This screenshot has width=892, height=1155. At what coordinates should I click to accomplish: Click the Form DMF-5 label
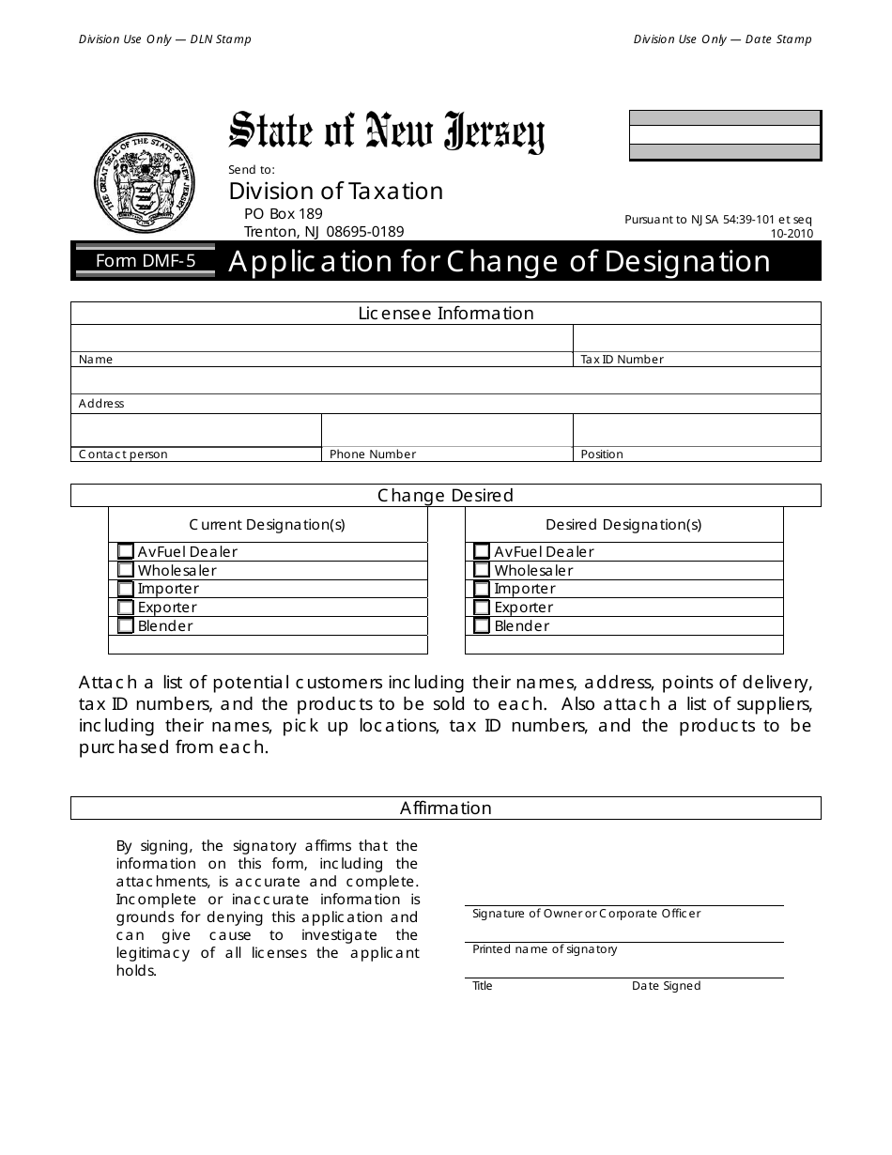146,261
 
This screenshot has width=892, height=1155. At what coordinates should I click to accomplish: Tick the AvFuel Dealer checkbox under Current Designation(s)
126,551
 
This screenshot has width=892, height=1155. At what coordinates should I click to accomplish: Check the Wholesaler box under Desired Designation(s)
482,570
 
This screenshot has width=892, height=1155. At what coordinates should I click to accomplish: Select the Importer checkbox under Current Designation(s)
126,589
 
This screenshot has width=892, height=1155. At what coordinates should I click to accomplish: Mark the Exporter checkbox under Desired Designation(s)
482,608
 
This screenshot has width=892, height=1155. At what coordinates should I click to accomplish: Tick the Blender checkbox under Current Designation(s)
126,625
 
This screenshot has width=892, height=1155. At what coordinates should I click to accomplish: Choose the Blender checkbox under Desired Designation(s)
482,625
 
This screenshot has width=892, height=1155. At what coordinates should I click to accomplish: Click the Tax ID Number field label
622,360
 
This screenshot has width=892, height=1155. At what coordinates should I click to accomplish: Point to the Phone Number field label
373,454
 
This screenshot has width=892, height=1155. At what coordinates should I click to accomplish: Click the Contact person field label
123,454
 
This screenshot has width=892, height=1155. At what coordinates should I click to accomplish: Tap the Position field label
602,454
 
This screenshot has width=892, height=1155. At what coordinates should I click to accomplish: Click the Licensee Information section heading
446,314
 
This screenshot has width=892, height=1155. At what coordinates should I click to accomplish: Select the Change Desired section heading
446,496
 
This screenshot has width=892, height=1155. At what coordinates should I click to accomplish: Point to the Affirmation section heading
446,808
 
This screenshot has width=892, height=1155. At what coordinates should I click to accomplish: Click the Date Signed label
666,986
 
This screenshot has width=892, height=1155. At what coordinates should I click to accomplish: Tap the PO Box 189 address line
283,214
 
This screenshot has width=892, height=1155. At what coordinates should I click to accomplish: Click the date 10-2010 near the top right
792,234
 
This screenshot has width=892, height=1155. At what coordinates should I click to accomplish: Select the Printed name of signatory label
545,949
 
